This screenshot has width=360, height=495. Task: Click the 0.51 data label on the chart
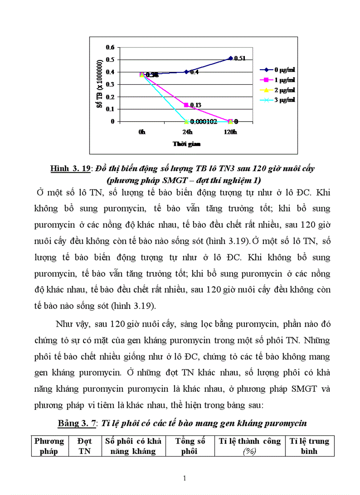coord(240,58)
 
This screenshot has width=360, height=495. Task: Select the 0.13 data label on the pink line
coord(195,105)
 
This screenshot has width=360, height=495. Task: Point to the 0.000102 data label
coord(204,122)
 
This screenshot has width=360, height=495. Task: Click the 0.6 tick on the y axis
coord(110,47)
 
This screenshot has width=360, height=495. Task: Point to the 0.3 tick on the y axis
coord(110,84)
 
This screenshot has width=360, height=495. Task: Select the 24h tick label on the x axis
coord(186,132)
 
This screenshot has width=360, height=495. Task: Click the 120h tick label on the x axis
coord(230,132)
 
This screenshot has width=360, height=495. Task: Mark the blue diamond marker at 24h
coord(186,72)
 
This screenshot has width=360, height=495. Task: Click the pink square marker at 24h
coord(186,105)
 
